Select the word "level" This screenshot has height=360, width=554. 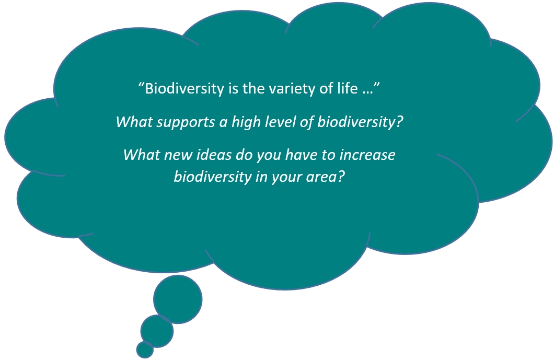click(278, 122)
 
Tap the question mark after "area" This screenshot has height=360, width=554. click(341, 176)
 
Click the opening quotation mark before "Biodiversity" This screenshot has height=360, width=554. click(141, 85)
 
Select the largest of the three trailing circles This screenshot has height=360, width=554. click(178, 299)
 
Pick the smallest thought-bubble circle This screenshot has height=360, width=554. click(145, 350)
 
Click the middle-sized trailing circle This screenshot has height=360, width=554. click(157, 331)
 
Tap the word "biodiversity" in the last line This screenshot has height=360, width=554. click(212, 177)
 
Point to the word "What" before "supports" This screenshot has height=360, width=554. click(134, 122)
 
